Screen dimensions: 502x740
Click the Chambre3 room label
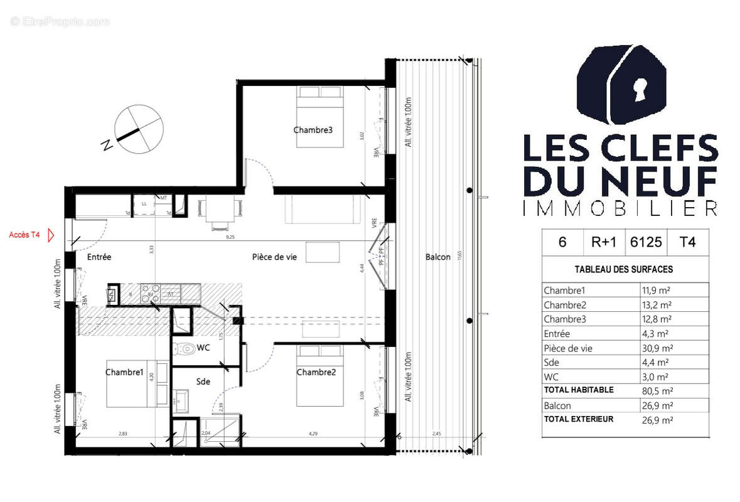[x=313, y=130]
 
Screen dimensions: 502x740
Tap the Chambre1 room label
[x=124, y=372]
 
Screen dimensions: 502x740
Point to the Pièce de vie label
[x=274, y=257]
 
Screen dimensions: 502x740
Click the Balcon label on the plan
[x=437, y=257]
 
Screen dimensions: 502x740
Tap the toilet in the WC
[x=185, y=348]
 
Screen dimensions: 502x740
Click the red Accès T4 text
[x=24, y=235]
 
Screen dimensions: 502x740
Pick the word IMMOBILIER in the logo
[x=619, y=208]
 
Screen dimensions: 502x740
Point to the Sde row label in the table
[x=552, y=362]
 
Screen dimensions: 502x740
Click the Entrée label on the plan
[x=99, y=257]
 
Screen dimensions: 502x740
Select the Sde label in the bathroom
[x=203, y=381]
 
